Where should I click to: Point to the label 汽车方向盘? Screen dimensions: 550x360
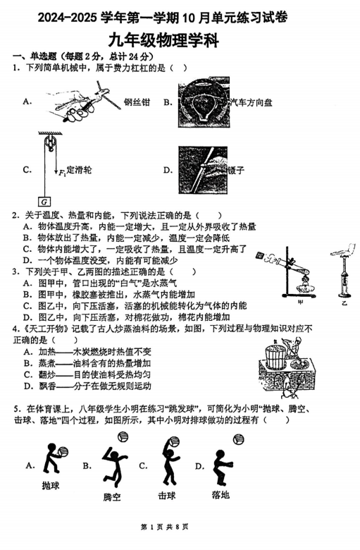pyautogui.click(x=251, y=102)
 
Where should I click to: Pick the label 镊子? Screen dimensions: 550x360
pyautogui.click(x=237, y=170)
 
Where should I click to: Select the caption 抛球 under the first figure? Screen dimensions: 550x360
pyautogui.click(x=51, y=486)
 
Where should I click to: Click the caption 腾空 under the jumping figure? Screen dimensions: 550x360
pyautogui.click(x=112, y=497)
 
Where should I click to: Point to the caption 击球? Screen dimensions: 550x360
pyautogui.click(x=167, y=496)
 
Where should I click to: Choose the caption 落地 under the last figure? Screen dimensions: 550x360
pyautogui.click(x=220, y=494)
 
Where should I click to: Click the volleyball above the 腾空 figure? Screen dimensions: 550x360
pyautogui.click(x=121, y=435)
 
